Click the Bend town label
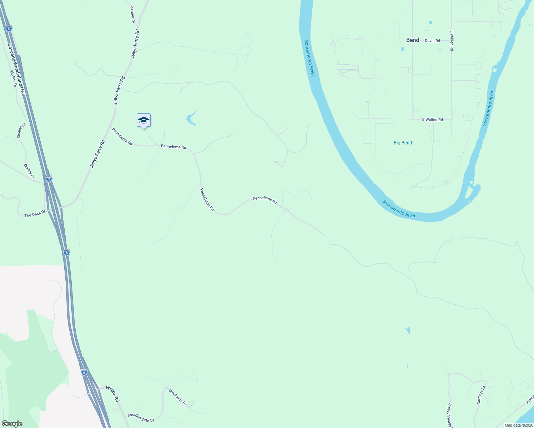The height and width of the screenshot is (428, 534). click(x=412, y=40)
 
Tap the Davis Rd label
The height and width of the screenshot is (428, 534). click(x=432, y=41)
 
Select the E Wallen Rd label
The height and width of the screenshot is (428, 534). click(x=452, y=40)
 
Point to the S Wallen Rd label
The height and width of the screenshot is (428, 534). click(x=432, y=119)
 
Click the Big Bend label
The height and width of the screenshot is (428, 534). click(x=403, y=143)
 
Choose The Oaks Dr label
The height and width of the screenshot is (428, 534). click(x=35, y=214)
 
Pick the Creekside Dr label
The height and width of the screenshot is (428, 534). click(x=177, y=397)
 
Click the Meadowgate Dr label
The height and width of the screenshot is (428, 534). click(x=141, y=418)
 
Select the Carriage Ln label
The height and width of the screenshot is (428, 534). click(x=481, y=395)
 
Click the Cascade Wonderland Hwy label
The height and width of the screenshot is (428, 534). click(x=16, y=70)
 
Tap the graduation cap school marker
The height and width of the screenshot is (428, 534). click(x=143, y=121)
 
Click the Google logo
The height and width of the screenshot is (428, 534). click(x=12, y=424)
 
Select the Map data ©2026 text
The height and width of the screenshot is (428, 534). click(x=519, y=425)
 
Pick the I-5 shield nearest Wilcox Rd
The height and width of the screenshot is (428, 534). click(x=84, y=372)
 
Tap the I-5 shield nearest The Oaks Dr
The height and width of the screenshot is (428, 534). click(x=49, y=178)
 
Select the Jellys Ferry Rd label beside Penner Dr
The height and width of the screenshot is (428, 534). click(x=135, y=44)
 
